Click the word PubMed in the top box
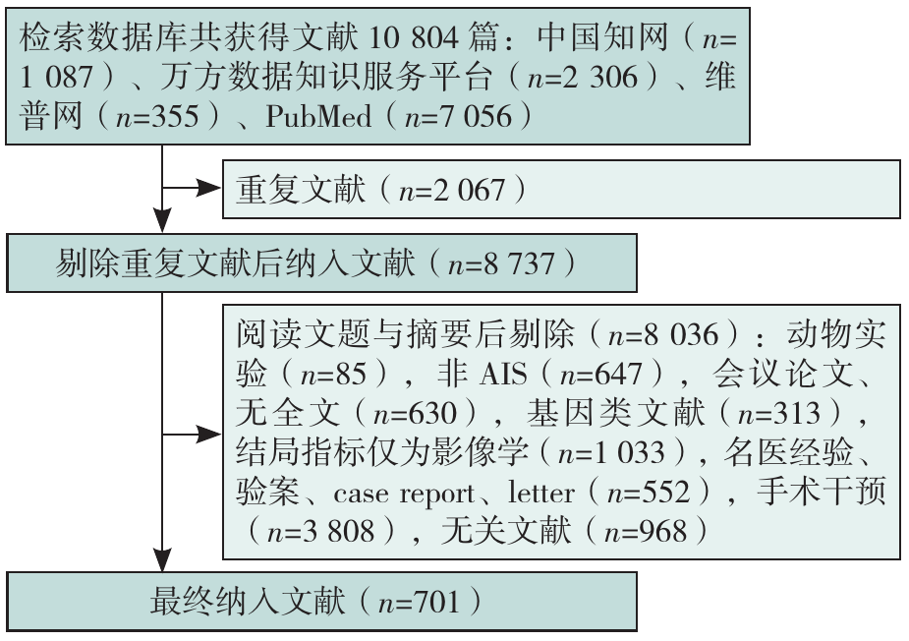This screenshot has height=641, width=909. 318,116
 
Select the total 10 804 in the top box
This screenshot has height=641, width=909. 413,38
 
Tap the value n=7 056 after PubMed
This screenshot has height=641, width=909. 459,116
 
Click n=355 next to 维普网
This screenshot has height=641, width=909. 157,116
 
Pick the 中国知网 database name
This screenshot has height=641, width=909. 602,37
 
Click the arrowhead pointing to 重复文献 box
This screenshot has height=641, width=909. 208,188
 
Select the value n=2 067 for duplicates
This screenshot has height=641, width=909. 452,190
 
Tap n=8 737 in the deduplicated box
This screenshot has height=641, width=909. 501,263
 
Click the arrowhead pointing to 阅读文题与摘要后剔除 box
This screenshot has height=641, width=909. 208,434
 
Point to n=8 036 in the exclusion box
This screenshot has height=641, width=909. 662,334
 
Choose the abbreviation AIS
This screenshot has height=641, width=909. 503,374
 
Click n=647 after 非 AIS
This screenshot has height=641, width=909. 600,374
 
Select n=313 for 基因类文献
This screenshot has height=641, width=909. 778,413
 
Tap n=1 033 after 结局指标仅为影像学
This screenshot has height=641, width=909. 611,452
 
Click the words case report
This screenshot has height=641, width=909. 404,494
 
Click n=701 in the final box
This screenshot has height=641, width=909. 419,602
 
